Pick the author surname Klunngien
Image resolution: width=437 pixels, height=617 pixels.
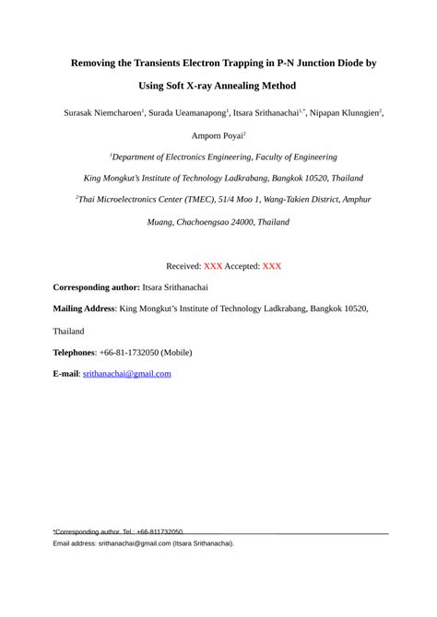(354, 112)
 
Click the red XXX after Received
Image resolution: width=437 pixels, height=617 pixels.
(213, 266)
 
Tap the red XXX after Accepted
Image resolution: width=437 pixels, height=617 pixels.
(272, 266)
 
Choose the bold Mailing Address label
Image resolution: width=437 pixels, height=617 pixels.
(84, 309)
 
